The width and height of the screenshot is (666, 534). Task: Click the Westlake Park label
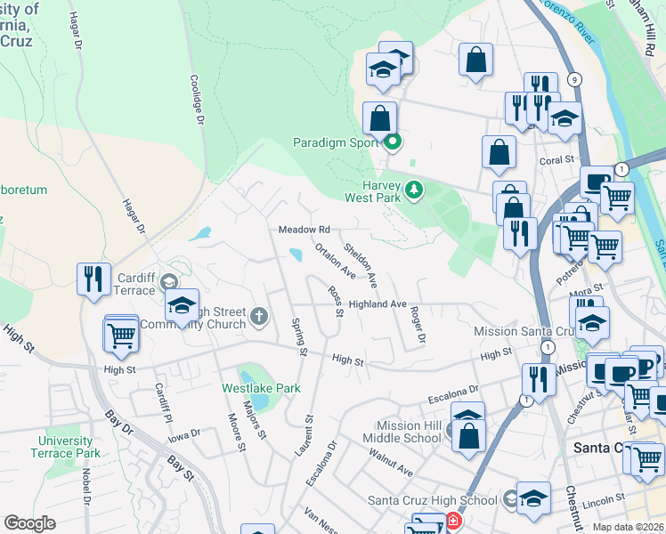(261, 388)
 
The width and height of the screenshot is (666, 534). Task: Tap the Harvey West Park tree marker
(413, 189)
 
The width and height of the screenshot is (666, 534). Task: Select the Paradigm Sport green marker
(393, 142)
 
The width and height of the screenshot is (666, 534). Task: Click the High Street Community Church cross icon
(259, 315)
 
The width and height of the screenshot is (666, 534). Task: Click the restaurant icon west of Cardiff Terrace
(93, 279)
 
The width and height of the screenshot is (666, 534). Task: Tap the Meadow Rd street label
(305, 230)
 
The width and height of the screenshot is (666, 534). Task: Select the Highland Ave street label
(378, 304)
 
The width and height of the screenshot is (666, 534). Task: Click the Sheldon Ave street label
(361, 266)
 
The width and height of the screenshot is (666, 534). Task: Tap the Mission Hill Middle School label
(409, 432)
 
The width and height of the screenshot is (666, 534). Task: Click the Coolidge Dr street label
(197, 98)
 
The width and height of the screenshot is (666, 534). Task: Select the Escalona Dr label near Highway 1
(453, 389)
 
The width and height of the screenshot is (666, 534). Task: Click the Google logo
(29, 523)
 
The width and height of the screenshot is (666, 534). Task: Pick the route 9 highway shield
(576, 81)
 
